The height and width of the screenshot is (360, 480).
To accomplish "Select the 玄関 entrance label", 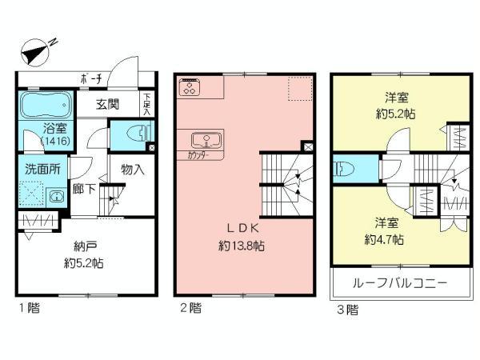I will (109, 103).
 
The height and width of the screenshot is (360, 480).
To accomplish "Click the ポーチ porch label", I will (90, 78).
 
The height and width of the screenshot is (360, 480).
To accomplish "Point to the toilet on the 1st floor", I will (131, 135).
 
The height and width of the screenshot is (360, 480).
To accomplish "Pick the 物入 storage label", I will (133, 170).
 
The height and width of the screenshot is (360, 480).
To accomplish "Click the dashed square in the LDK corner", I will (299, 88).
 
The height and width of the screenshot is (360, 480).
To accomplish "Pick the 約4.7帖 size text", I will (383, 239).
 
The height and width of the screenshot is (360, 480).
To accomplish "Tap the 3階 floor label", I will (347, 308).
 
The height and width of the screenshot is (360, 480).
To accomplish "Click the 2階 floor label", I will (188, 306).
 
